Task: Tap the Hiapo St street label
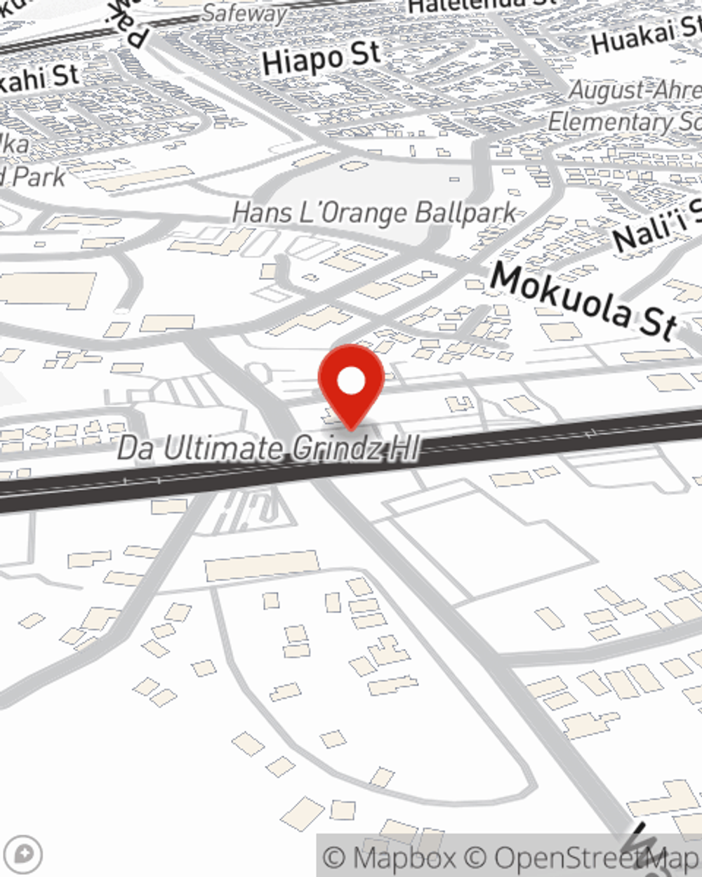[321, 58]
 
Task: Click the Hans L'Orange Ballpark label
[374, 213]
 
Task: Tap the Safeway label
[245, 13]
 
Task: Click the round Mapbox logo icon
[23, 855]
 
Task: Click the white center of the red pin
[351, 382]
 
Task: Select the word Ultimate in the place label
[223, 448]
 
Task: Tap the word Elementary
[607, 121]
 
